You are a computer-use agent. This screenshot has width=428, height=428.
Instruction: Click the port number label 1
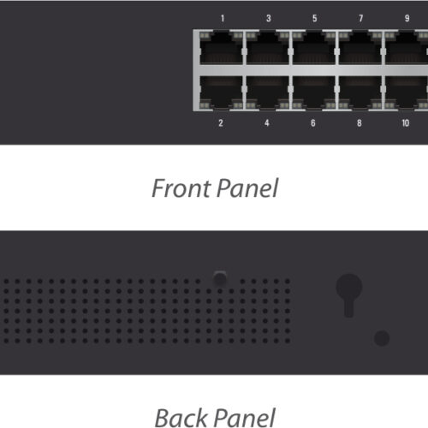click(223, 19)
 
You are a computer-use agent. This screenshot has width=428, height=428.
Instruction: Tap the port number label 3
click(269, 19)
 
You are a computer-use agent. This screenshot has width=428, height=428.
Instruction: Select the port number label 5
click(315, 19)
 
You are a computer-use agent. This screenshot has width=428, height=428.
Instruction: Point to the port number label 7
click(361, 19)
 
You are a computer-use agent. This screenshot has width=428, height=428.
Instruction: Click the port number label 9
click(407, 19)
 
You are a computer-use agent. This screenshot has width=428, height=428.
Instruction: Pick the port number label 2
click(221, 123)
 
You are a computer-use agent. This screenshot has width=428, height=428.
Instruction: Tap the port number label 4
click(267, 123)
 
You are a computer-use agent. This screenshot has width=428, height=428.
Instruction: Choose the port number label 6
click(313, 123)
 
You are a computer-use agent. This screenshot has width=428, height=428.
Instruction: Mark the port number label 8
click(360, 123)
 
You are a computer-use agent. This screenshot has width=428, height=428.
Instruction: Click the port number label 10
click(406, 123)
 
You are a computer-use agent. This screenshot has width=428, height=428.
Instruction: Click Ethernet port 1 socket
click(221, 48)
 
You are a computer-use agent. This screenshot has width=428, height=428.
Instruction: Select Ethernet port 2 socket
click(221, 92)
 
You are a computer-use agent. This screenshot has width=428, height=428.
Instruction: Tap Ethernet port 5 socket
click(314, 48)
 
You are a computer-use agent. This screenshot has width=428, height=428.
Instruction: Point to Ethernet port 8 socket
click(360, 92)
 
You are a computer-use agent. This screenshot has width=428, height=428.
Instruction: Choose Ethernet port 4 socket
click(267, 92)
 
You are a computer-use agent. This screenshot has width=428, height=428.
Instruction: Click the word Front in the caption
click(181, 188)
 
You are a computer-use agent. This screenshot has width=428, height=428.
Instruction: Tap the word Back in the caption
click(181, 418)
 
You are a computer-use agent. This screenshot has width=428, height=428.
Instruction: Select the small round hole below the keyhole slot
click(382, 338)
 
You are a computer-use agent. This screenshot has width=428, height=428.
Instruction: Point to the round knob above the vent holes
click(220, 278)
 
